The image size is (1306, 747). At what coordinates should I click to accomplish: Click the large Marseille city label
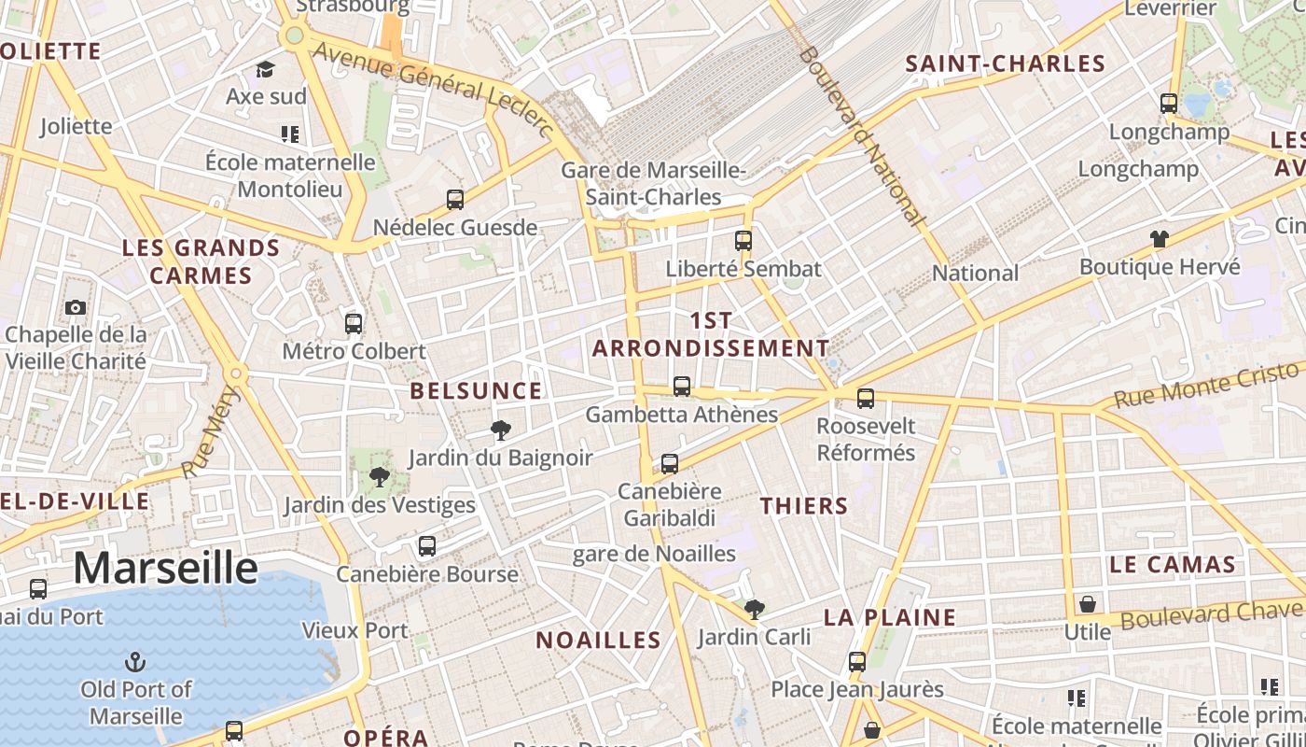[165, 568]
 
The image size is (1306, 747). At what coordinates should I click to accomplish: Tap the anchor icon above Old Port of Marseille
[136, 663]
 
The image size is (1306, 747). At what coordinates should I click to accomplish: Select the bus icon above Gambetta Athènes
[682, 387]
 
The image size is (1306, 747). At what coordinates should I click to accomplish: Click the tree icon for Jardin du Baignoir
[501, 430]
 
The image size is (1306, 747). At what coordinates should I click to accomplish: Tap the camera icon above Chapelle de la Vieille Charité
[76, 307]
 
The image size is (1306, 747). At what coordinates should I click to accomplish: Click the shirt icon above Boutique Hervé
[1160, 239]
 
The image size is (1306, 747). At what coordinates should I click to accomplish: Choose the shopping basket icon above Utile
[1087, 604]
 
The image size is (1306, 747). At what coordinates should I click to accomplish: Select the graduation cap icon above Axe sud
[266, 69]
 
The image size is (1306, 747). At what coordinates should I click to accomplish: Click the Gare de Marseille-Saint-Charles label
[653, 184]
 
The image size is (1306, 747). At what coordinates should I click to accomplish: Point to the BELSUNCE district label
[476, 390]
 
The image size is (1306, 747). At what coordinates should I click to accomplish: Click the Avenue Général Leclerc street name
[433, 89]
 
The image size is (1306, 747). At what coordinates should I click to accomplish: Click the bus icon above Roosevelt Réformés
[866, 399]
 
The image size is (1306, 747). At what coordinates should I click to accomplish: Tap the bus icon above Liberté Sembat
[743, 241]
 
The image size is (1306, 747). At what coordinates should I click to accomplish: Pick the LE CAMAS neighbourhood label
[1173, 564]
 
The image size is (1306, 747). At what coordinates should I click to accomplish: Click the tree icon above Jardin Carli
[755, 610]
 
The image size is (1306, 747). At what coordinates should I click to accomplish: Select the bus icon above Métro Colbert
[354, 324]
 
